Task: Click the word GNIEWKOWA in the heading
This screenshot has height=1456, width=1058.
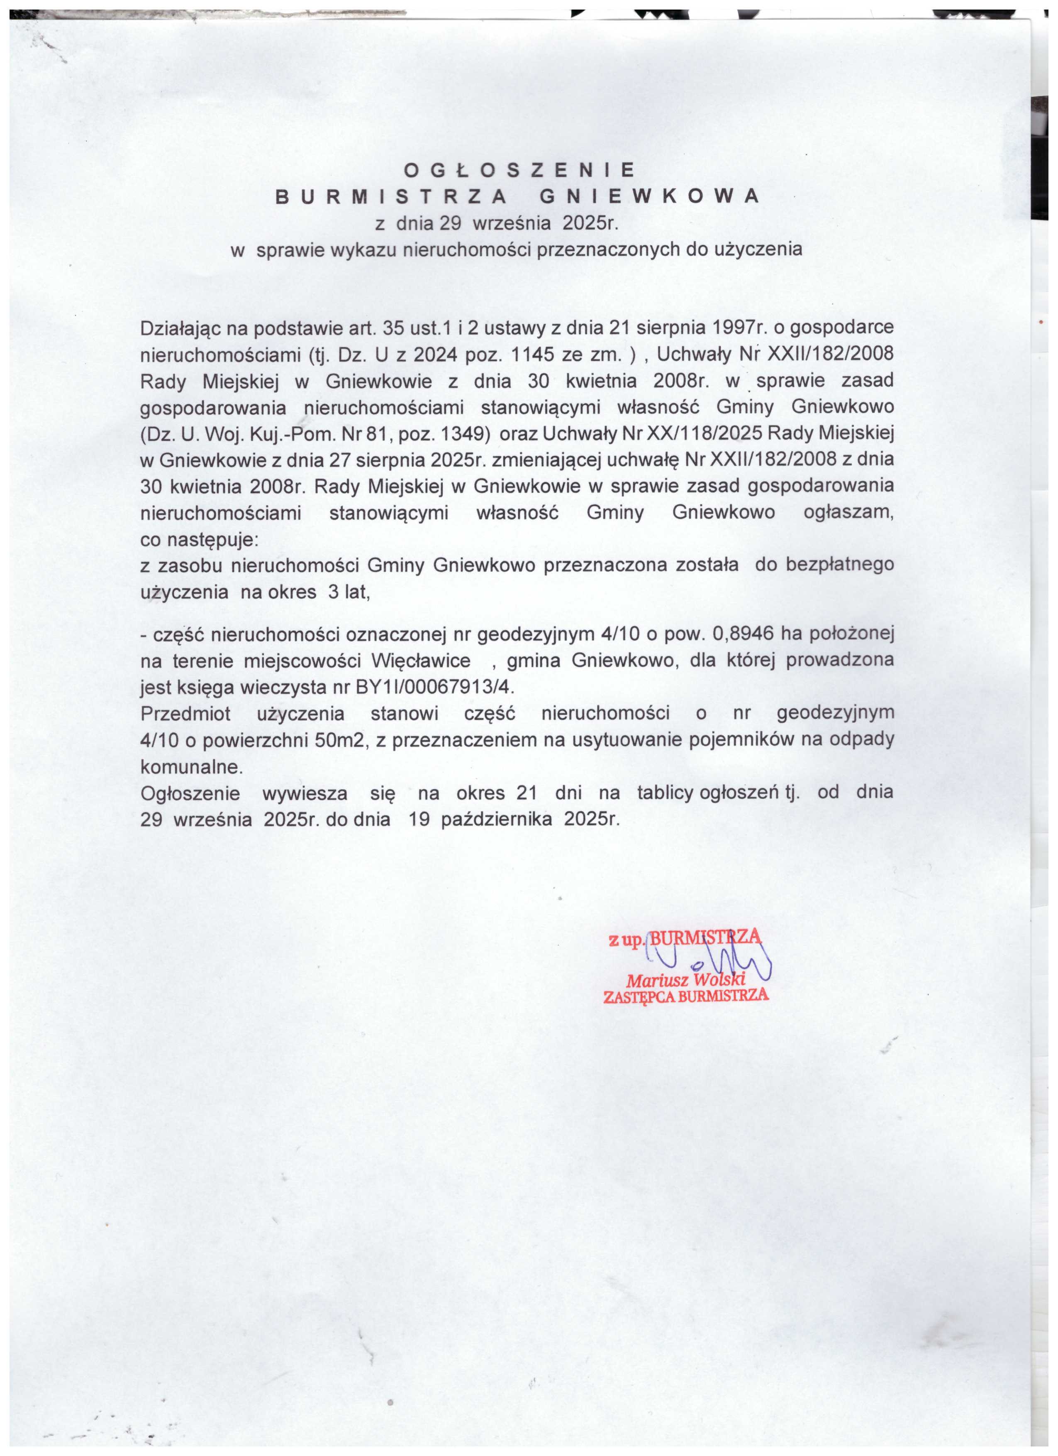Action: (x=649, y=196)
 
